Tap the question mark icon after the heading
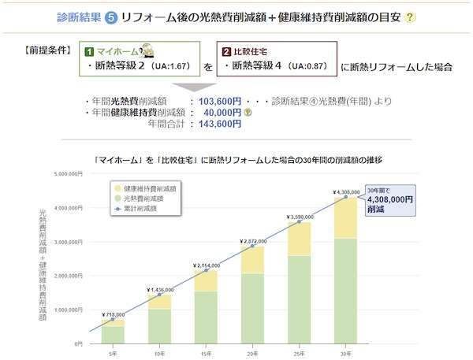coord(410,17)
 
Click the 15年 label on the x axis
coord(205,352)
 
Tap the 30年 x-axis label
coord(345,352)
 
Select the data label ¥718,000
coord(113,314)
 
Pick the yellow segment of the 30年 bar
coord(345,217)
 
